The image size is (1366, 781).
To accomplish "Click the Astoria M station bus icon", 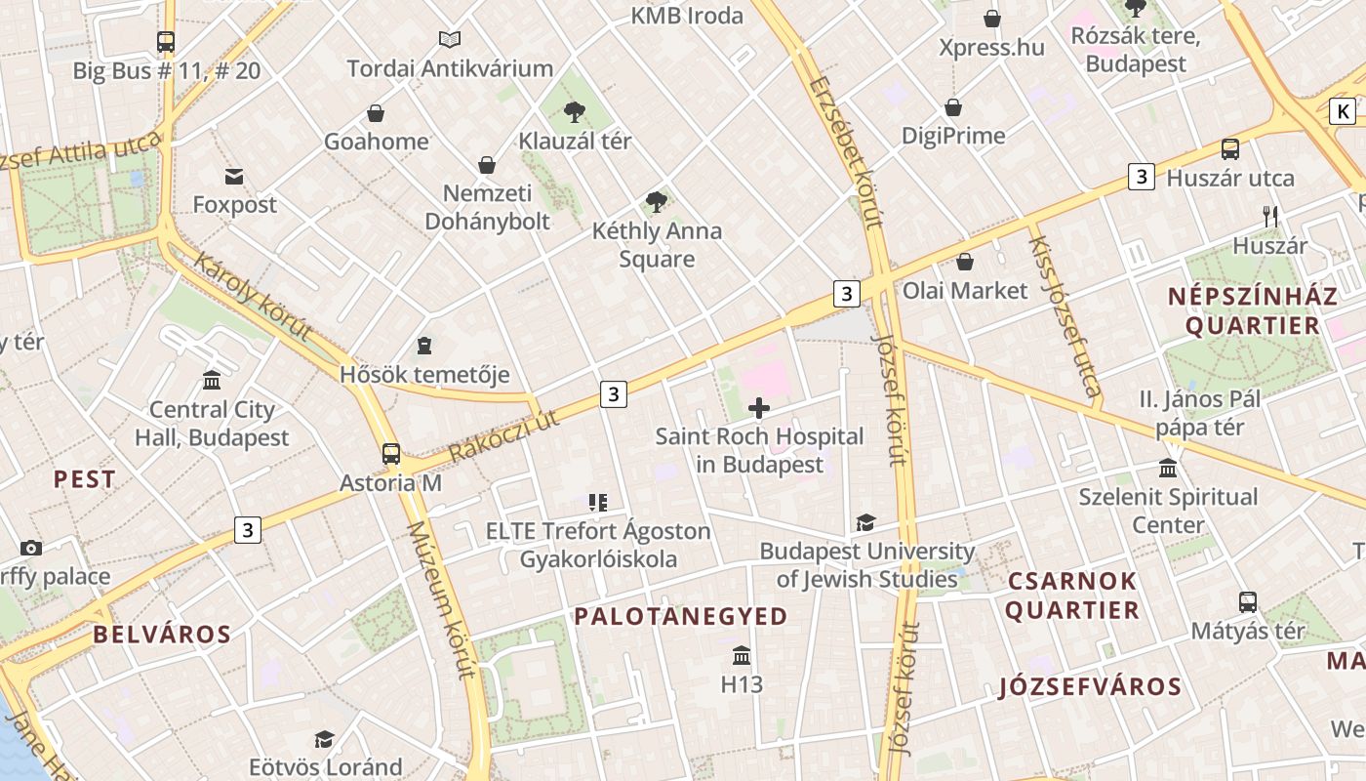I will (391, 454).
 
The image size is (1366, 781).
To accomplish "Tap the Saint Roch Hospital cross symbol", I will (758, 408).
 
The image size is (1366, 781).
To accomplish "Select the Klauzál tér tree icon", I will (574, 112).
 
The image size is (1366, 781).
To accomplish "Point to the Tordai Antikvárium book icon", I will (449, 39).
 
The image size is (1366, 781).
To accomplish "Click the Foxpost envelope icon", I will (234, 177).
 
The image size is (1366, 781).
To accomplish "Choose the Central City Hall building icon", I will (212, 380).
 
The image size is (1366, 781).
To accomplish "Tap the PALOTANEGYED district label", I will (680, 616).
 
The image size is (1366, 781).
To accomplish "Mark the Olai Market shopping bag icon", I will (964, 262).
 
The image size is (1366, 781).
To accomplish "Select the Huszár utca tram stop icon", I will (1230, 149).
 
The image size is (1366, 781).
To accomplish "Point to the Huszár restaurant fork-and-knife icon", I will (1269, 217).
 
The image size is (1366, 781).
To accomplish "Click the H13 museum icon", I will (742, 655).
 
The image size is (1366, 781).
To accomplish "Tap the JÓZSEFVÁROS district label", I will (1090, 686).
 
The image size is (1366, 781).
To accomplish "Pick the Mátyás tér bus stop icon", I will (1247, 601).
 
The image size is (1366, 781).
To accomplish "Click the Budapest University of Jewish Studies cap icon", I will (865, 522).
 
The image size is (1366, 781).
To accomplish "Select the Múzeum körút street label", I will (441, 599).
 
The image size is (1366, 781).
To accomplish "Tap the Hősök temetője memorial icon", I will (424, 346).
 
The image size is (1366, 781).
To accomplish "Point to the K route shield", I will (1344, 111).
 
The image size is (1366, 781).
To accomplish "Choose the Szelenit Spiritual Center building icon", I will (1168, 468).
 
